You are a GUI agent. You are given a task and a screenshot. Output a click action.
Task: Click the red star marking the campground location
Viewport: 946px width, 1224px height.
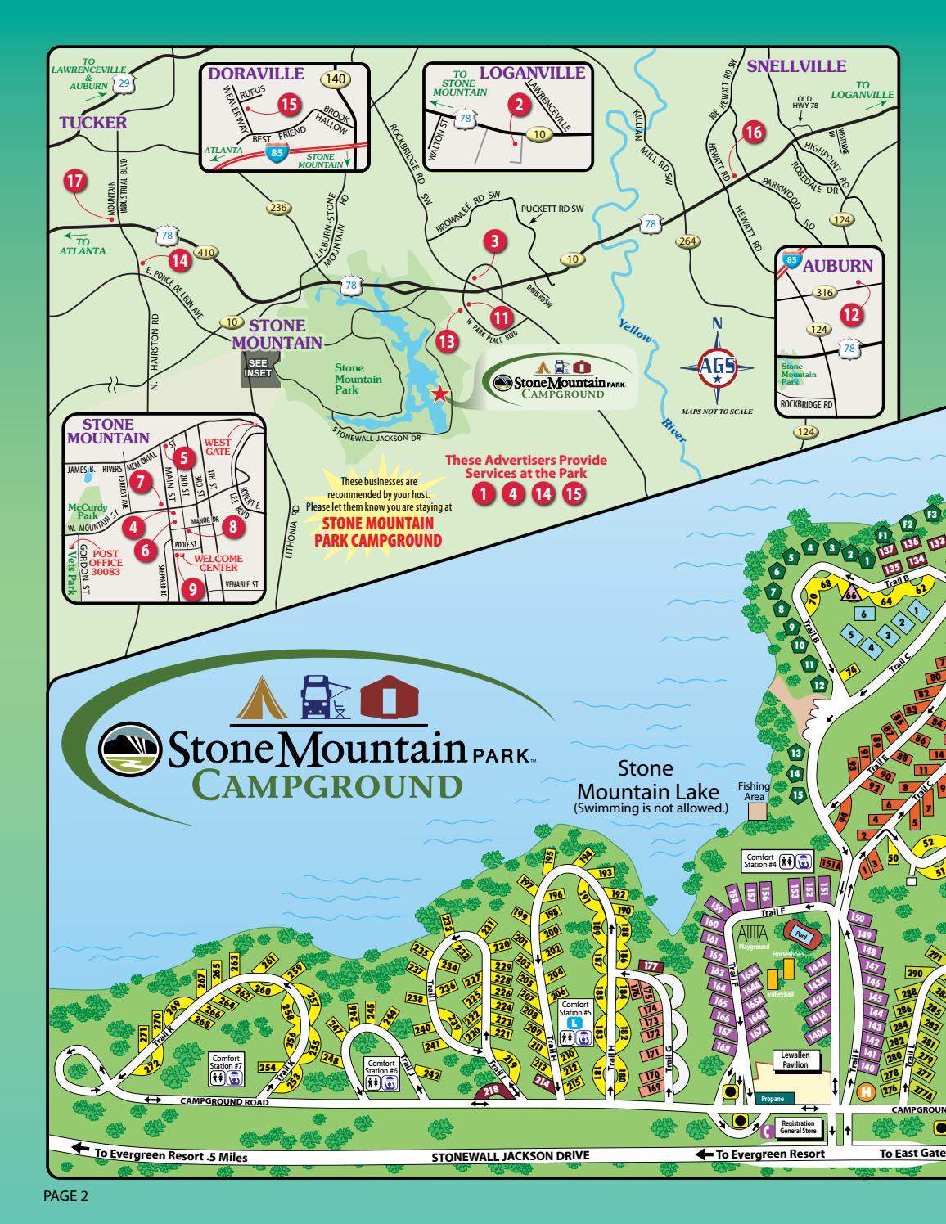(x=439, y=394)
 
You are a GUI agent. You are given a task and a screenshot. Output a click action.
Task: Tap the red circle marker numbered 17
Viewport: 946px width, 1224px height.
(x=75, y=181)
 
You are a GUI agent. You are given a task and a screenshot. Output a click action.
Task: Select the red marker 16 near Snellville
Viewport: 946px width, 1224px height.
(x=753, y=132)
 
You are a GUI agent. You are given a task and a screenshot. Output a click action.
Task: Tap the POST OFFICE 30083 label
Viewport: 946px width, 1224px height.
(x=107, y=558)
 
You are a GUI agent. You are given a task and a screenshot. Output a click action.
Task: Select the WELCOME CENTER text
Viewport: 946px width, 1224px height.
(x=218, y=563)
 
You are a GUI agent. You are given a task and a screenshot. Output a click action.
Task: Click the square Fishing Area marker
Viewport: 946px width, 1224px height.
(x=757, y=809)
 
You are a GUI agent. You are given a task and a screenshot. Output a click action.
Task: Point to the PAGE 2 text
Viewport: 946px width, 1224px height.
(x=65, y=1197)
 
